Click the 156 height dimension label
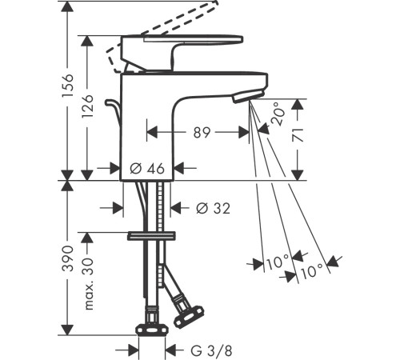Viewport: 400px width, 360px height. pos(67,86)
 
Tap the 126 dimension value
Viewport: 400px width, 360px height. pos(87,106)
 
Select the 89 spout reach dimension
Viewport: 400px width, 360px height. pos(202,132)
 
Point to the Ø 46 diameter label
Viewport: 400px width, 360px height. pos(147,169)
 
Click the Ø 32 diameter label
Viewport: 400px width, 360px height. pos(213,208)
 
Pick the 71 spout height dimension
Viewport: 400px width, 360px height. pos(298,134)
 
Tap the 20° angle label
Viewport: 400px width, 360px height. pos(277,114)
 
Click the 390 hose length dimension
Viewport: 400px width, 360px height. pos(67,258)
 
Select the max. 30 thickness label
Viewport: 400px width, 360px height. pos(88,283)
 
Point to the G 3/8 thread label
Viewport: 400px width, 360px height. pos(211,351)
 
